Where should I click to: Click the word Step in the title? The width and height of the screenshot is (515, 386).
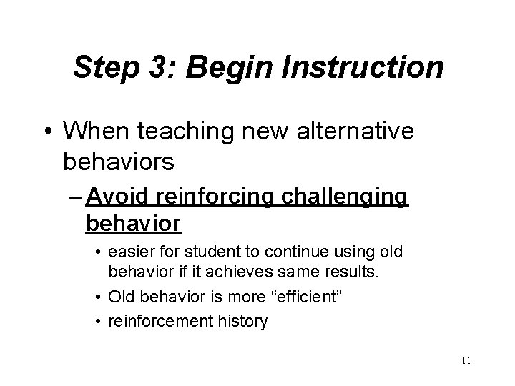click(106, 68)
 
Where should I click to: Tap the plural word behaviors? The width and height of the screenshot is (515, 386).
click(118, 162)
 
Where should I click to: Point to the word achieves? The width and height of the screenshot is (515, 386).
click(250, 272)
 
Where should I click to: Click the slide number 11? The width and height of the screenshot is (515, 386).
click(466, 361)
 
